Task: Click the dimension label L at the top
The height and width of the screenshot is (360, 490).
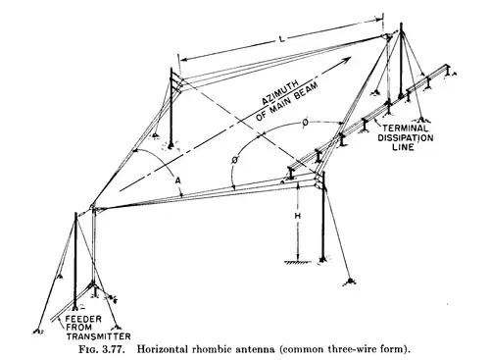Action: tap(282, 39)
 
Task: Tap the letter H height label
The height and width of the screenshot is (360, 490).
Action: tap(298, 216)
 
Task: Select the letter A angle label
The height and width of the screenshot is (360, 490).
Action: tap(177, 180)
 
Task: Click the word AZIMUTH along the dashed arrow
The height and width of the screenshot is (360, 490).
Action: tap(280, 92)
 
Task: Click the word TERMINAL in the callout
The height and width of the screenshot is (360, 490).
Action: tap(405, 129)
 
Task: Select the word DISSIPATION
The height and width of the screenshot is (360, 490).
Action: tap(406, 137)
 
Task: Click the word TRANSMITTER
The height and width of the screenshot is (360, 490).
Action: tap(98, 336)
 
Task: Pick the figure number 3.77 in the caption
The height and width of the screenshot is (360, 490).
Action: tap(114, 349)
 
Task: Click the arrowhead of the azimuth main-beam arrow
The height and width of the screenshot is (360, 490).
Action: tap(346, 60)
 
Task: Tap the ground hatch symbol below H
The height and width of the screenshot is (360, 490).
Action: tap(293, 262)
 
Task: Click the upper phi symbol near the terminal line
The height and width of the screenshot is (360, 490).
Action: tap(305, 123)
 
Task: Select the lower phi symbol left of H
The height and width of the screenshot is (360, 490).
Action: tap(235, 161)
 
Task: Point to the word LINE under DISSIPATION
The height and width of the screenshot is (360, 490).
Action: tap(404, 147)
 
